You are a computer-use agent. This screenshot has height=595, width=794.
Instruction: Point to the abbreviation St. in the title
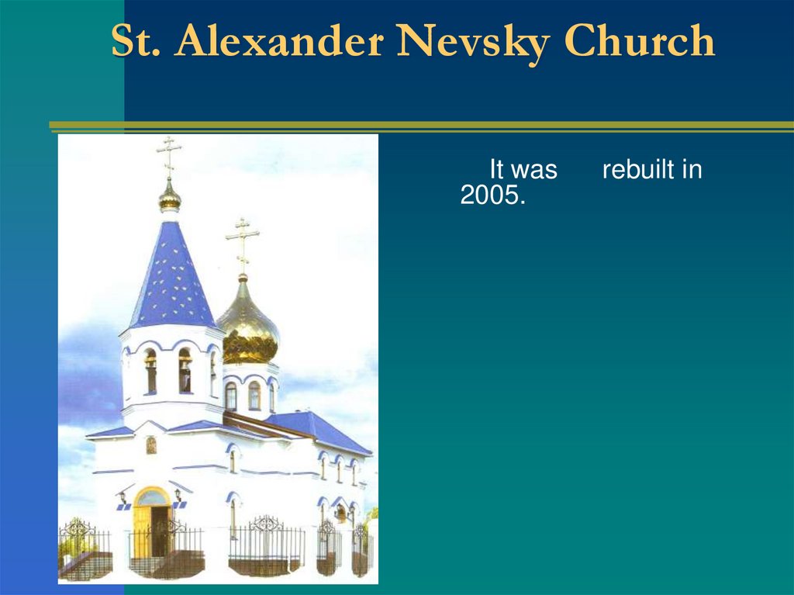click(x=136, y=42)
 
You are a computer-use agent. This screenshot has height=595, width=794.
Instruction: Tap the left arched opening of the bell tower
click(x=150, y=371)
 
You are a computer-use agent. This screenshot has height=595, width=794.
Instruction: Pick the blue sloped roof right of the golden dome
click(x=318, y=431)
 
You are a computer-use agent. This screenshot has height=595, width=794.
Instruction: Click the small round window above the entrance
click(x=151, y=445)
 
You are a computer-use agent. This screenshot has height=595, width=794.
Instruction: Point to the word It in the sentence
click(x=496, y=170)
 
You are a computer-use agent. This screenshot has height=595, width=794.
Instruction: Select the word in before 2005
click(x=692, y=170)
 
